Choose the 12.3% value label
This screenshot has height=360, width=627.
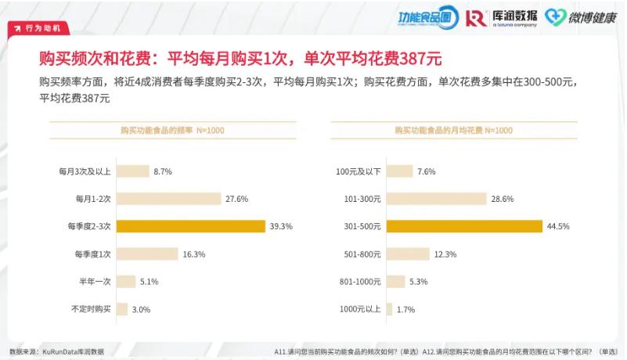click(x=445, y=254)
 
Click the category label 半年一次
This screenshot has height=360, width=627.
click(x=95, y=282)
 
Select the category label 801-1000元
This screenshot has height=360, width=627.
click(x=359, y=282)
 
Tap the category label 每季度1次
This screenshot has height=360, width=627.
click(x=94, y=254)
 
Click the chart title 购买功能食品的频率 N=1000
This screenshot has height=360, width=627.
click(x=172, y=130)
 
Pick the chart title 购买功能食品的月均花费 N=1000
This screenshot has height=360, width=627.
click(x=454, y=130)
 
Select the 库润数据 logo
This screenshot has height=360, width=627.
click(x=501, y=17)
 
